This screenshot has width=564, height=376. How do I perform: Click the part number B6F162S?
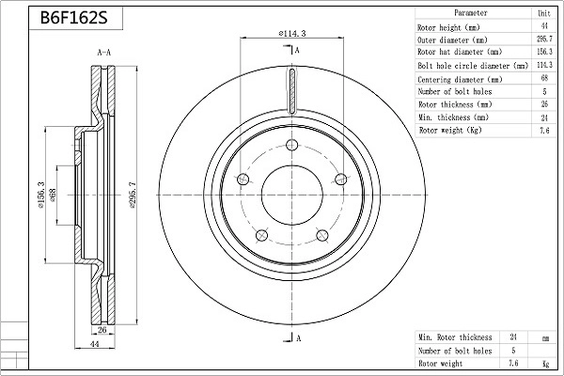click(x=73, y=17)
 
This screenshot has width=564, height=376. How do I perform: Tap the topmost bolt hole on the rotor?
click(x=291, y=145)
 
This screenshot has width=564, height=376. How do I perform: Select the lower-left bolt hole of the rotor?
click(x=261, y=236)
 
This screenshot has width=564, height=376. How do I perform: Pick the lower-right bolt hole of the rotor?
click(x=321, y=235)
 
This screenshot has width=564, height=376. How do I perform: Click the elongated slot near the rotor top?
click(x=292, y=91)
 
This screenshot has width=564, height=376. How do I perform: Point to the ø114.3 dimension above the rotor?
click(x=292, y=34)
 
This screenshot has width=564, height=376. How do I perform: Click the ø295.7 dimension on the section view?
click(x=133, y=196)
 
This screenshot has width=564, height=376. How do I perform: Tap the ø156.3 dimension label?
click(x=40, y=195)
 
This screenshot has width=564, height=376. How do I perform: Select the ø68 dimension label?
click(x=53, y=196)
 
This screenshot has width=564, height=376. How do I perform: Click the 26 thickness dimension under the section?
click(x=102, y=329)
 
